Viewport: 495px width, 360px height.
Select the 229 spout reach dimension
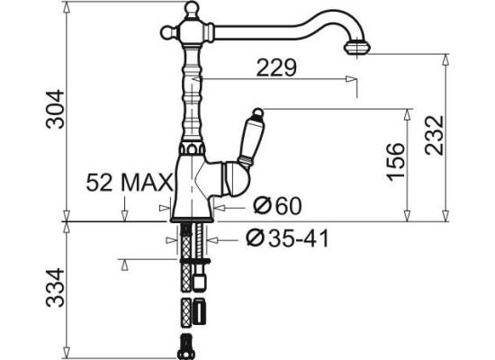pyautogui.click(x=276, y=67)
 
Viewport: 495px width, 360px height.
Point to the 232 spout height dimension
pyautogui.click(x=435, y=135)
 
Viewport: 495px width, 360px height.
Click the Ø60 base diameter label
pyautogui.click(x=278, y=205)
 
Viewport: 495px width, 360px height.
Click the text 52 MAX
pyautogui.click(x=130, y=182)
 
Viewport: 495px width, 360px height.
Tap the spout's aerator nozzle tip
pyautogui.click(x=357, y=47)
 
